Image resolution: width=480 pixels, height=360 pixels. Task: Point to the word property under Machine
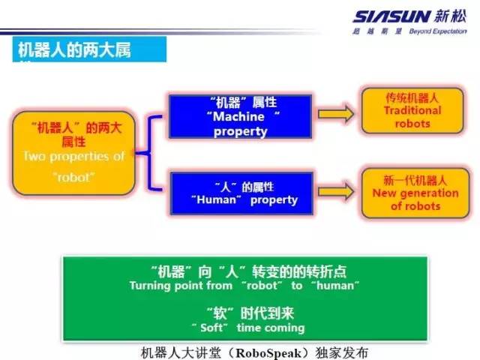[x=240, y=131]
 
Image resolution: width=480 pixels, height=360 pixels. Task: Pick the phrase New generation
[x=415, y=193]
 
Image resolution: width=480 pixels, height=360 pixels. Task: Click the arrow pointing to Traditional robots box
[x=334, y=114]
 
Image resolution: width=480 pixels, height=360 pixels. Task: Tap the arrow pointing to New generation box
[x=334, y=193]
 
